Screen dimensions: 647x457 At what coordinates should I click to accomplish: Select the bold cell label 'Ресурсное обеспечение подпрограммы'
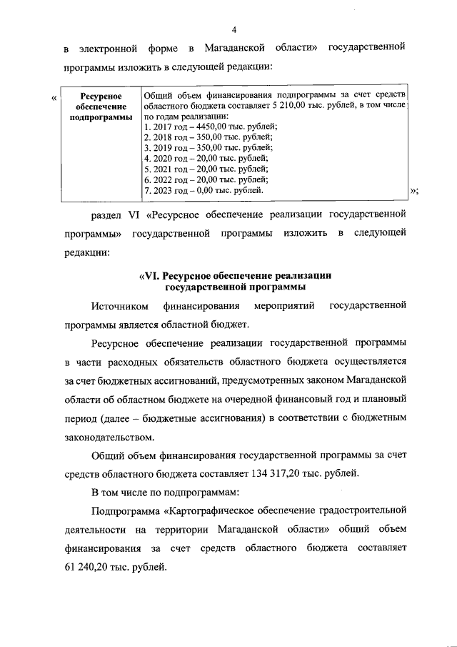pyautogui.click(x=101, y=106)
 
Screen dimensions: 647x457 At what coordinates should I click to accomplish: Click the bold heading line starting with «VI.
pyautogui.click(x=234, y=276)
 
